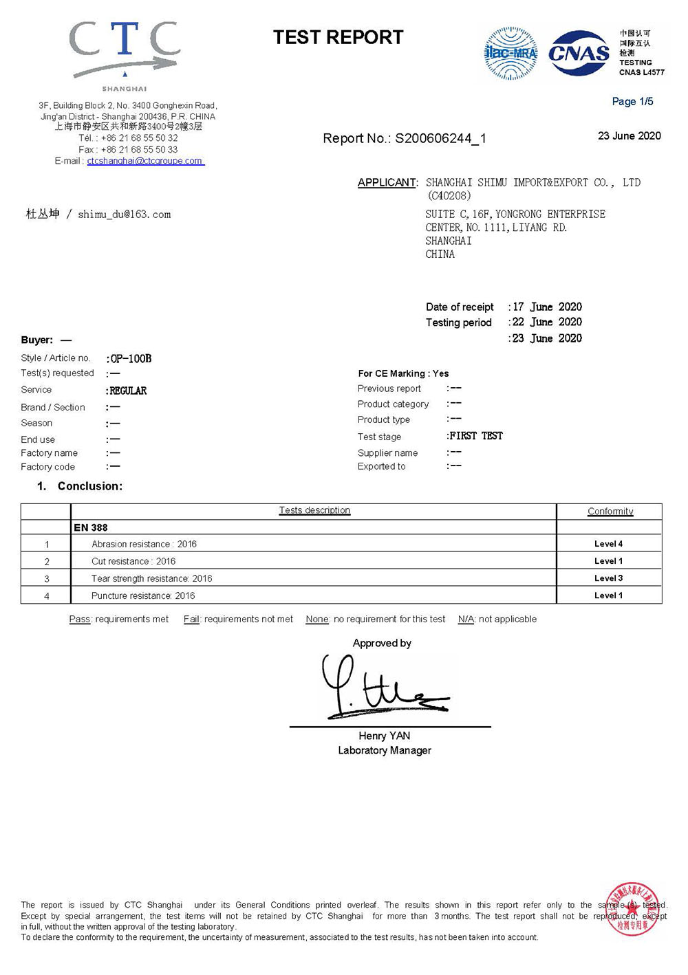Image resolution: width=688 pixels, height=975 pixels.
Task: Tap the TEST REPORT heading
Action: [x=338, y=37]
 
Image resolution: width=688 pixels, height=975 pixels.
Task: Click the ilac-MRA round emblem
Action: [x=510, y=53]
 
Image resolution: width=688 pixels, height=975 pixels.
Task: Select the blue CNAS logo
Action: [x=579, y=53]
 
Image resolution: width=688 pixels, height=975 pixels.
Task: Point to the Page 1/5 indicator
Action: [x=632, y=102]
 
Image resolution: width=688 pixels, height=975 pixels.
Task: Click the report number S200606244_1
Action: [x=440, y=138]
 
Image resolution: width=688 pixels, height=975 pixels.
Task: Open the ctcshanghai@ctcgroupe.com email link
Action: [x=145, y=161]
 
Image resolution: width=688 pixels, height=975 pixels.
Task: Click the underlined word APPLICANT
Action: [x=387, y=182]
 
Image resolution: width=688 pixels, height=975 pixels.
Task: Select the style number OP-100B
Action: [x=131, y=358]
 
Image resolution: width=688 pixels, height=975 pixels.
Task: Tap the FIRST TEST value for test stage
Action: [x=476, y=436]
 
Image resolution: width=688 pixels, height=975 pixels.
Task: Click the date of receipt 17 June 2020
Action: [x=547, y=307]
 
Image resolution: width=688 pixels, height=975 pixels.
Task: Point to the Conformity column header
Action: [x=610, y=511]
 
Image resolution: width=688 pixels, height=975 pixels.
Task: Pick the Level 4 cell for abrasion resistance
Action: [x=608, y=544]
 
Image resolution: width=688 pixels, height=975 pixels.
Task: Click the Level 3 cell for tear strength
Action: [x=608, y=578]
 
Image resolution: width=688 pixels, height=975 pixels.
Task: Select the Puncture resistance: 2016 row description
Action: [x=143, y=595]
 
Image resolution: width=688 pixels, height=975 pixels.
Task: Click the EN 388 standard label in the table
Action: [x=91, y=527]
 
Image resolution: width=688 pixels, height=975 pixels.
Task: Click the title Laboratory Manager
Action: [x=385, y=750]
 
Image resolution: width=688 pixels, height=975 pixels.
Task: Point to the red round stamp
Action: [x=632, y=909]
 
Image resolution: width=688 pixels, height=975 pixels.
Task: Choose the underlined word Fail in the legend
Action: [x=191, y=619]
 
